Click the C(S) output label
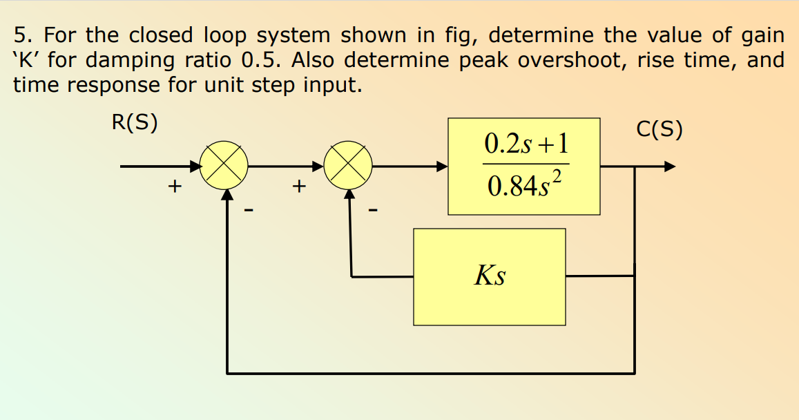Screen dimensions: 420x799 pyautogui.click(x=659, y=130)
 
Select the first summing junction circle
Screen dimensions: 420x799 pyautogui.click(x=224, y=166)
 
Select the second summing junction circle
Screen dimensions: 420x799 pyautogui.click(x=349, y=166)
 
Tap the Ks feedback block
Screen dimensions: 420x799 pyautogui.click(x=489, y=276)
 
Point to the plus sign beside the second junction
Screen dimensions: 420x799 pyautogui.click(x=298, y=186)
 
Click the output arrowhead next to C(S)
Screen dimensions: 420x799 pyautogui.click(x=669, y=166)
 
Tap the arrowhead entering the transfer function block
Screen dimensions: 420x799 pyautogui.click(x=441, y=166)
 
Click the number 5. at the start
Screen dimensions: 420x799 pyautogui.click(x=22, y=35)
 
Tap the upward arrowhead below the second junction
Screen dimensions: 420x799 pyautogui.click(x=352, y=194)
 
